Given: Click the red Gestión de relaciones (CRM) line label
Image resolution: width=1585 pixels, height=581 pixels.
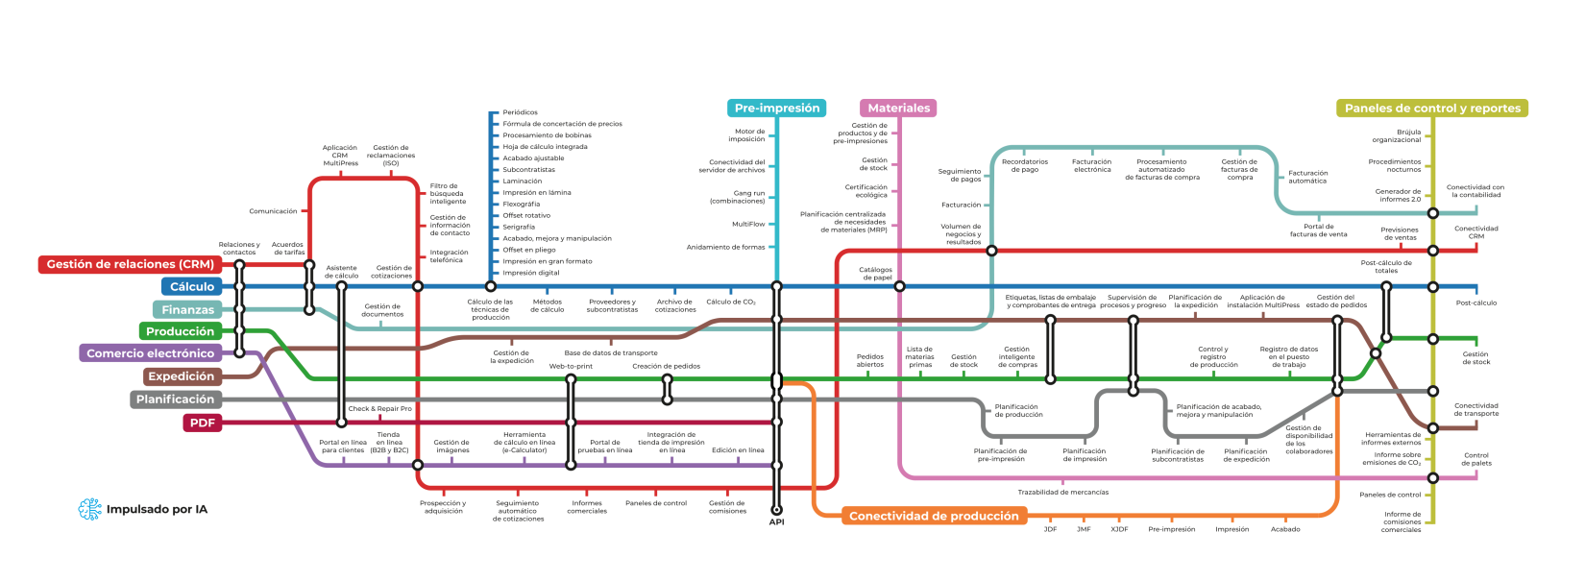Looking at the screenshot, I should tap(130, 264).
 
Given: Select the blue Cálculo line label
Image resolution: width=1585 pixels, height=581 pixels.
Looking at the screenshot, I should tap(192, 287).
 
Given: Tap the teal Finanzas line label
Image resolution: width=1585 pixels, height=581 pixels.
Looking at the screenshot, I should tap(187, 309).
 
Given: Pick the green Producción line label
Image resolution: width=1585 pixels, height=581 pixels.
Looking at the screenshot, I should tap(180, 331).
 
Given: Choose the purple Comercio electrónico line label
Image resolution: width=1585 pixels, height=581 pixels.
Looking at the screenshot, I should tap(150, 353).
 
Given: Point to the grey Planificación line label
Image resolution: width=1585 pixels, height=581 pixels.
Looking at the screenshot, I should tap(175, 399).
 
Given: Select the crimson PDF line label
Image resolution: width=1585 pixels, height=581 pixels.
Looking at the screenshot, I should tap(202, 423).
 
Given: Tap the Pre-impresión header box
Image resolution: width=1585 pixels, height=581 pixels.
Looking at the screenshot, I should tap(777, 109).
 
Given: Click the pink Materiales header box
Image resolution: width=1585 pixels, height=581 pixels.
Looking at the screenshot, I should tap(898, 109).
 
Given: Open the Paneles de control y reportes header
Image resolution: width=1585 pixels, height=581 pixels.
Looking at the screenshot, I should tap(1431, 109).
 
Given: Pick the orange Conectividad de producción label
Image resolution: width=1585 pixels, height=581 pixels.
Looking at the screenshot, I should tap(933, 516).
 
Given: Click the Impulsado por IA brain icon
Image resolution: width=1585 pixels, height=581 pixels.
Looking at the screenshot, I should tap(89, 509).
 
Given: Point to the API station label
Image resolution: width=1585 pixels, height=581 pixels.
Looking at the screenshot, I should tap(776, 522).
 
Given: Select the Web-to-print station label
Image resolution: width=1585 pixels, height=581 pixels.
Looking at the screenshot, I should tap(571, 366).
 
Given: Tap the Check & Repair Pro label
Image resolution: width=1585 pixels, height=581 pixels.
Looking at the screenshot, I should tap(379, 409).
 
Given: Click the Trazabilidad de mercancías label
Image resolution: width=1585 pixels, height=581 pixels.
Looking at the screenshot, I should tap(1062, 493).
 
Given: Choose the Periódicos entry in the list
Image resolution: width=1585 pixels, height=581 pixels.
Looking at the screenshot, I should tap(520, 112).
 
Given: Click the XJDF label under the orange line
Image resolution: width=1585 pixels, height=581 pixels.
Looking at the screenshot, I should tap(1119, 529).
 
